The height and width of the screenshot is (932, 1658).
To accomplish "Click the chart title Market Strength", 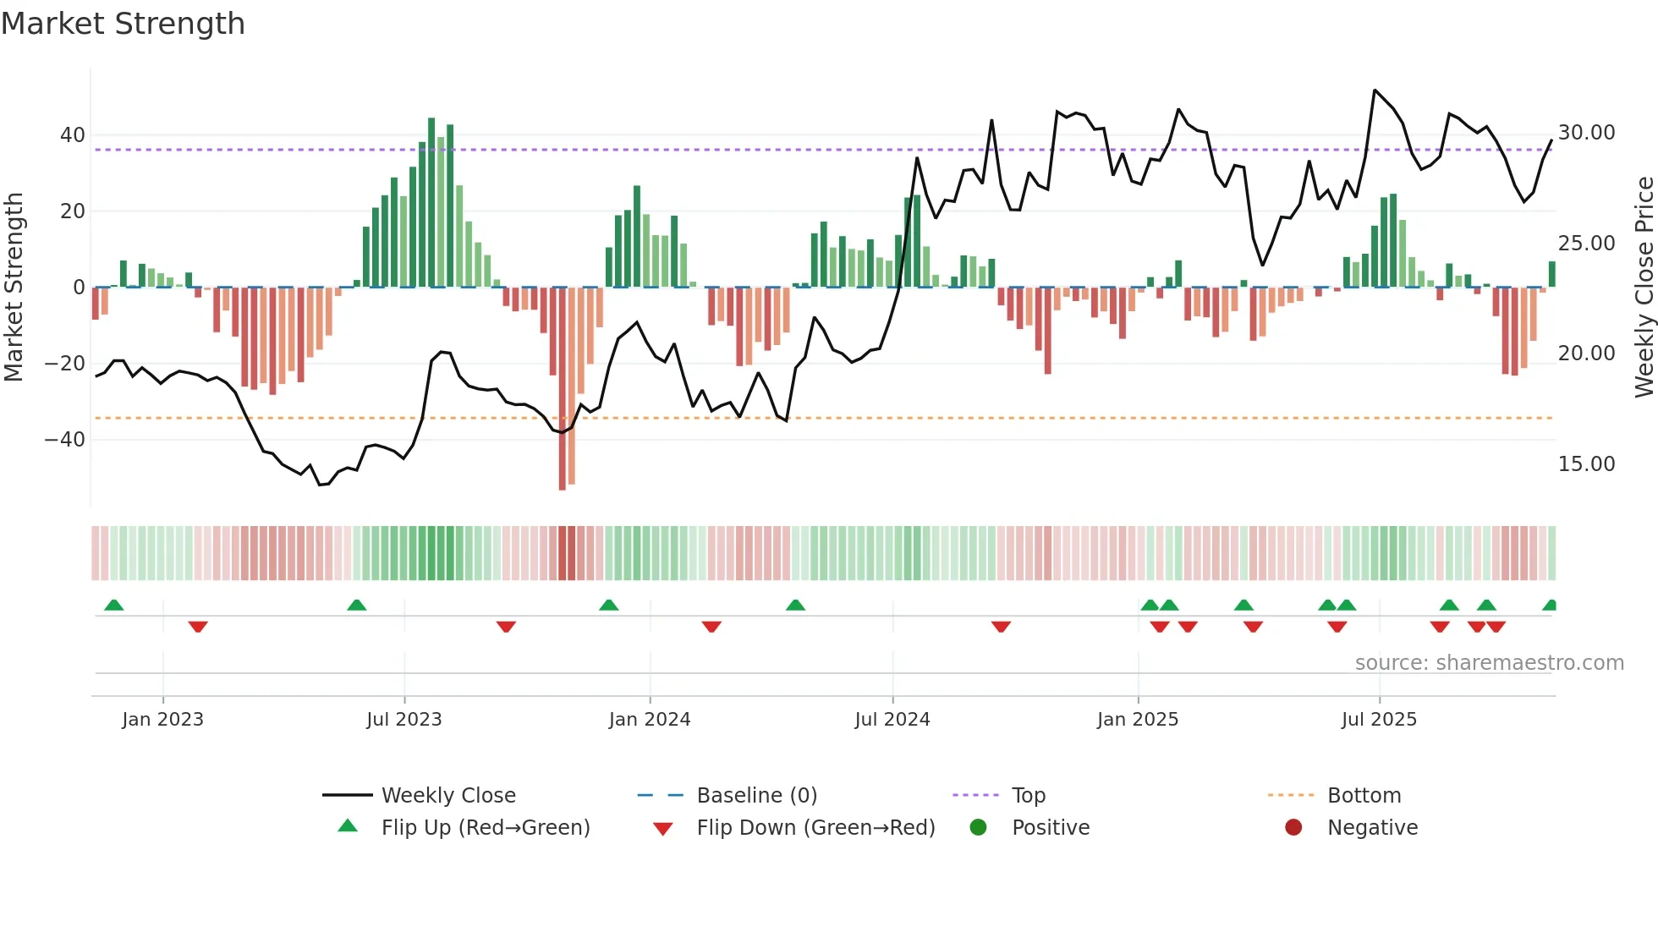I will coord(123,24).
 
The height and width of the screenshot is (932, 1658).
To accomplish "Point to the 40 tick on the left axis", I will coord(73,135).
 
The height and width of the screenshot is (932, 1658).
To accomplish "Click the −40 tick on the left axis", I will coord(65,440).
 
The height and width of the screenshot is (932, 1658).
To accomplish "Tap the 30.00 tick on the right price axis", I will coord(1586,133).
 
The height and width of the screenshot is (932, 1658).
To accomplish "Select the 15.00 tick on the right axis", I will coord(1586,464).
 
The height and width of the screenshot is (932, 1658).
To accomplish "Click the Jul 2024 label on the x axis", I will coord(892,720).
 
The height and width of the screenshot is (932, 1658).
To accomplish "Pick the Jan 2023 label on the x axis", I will coord(162,720).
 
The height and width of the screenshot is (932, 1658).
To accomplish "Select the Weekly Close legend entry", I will coord(447,796).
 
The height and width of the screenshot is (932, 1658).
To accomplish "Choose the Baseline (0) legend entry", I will coord(756,796).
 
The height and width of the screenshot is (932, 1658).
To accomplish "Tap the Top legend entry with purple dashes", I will coord(1028,796).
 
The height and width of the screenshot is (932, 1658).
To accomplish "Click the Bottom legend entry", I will coord(1364,796).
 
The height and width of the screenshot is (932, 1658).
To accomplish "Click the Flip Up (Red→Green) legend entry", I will coord(485,828).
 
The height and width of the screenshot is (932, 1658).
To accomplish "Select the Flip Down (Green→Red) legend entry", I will coord(815,828).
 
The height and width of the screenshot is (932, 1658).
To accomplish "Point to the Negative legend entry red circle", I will coord(1293,828).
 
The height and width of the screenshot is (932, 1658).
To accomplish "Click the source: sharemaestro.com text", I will coord(1489,663).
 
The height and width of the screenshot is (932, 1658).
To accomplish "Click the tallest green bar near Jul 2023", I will coord(431,203).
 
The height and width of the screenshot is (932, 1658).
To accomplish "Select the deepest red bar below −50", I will coord(563,389).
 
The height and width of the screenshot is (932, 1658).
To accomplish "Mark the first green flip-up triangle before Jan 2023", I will coord(114,605).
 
